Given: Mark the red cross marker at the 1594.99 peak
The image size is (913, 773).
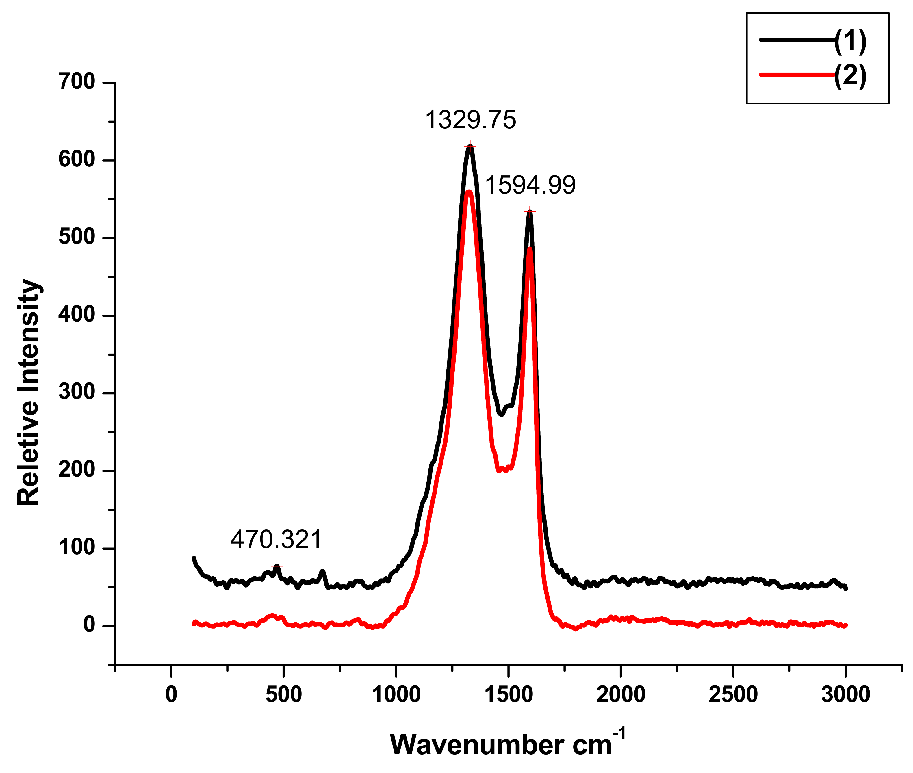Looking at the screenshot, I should tap(530, 212).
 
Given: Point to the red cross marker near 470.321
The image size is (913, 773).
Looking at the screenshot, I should tap(277, 566).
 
